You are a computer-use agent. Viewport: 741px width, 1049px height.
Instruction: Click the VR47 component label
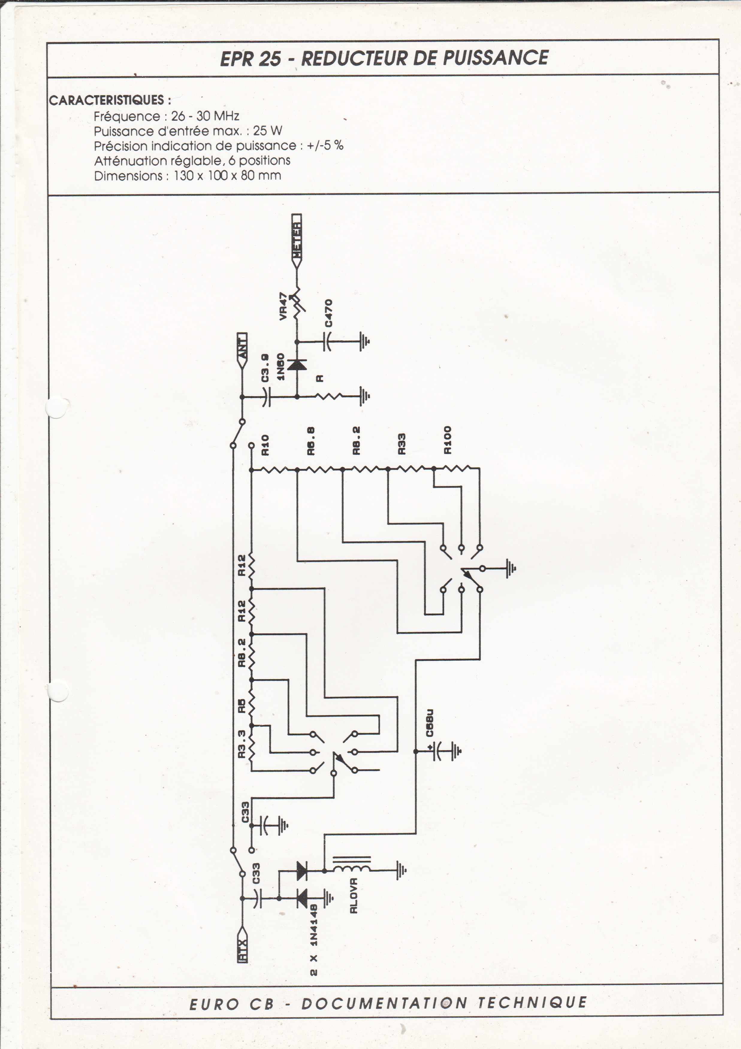click(x=283, y=307)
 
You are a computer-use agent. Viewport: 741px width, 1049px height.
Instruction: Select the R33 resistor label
click(x=402, y=443)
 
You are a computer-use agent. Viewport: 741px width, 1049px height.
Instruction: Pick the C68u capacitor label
click(x=429, y=735)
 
